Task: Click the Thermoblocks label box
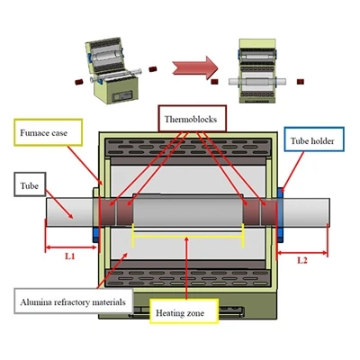coord(192,119)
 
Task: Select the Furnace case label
coord(48,132)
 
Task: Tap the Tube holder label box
coord(314,139)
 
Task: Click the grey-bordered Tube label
coord(30,184)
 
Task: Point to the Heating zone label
coord(184,311)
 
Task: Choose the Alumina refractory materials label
coord(73,301)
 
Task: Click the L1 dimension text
coord(70,256)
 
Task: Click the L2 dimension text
coord(302,260)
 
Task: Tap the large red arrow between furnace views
coord(195,67)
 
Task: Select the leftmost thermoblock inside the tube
coord(108,211)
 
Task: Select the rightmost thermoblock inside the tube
coord(268,211)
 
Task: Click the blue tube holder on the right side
coord(280,214)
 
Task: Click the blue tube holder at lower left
coord(95,235)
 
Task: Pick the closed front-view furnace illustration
coord(257,70)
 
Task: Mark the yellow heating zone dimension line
coord(188,237)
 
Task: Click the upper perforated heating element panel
coord(188,148)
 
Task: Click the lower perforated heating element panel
coord(188,278)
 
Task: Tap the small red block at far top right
coord(301,82)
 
